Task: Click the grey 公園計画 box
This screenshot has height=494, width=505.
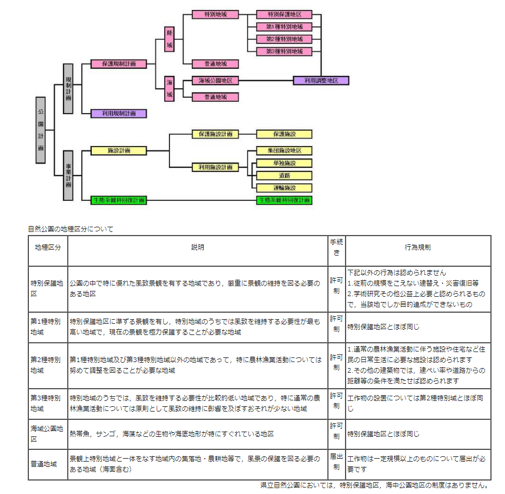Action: (x=41, y=130)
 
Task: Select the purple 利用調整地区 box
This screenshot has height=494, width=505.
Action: (x=321, y=81)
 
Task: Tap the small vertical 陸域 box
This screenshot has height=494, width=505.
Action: (x=170, y=39)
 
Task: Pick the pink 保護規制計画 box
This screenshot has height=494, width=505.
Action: (x=119, y=64)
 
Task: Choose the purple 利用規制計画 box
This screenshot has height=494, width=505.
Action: (x=119, y=114)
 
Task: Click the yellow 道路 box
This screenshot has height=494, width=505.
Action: (x=284, y=175)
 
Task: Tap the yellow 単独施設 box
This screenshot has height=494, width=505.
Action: (x=284, y=163)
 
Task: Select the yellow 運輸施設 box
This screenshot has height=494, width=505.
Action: (x=284, y=188)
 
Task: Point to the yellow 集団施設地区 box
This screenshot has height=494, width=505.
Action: (x=284, y=151)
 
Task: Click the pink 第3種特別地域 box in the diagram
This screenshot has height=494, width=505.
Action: (x=284, y=52)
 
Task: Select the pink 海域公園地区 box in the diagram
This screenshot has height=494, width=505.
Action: (x=215, y=81)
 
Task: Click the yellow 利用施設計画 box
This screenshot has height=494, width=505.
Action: (x=215, y=167)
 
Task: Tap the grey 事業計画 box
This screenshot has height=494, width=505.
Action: (x=68, y=175)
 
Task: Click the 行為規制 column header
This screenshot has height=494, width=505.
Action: (x=418, y=247)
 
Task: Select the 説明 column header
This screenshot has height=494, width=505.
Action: (x=197, y=247)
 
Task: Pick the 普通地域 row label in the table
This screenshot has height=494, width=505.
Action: (x=44, y=464)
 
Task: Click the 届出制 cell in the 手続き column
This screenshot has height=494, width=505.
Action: (x=337, y=462)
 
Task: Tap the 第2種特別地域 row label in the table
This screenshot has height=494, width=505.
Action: (x=45, y=365)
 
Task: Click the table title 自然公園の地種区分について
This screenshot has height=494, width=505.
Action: (x=71, y=229)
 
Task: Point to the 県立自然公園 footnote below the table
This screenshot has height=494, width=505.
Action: (x=376, y=485)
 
